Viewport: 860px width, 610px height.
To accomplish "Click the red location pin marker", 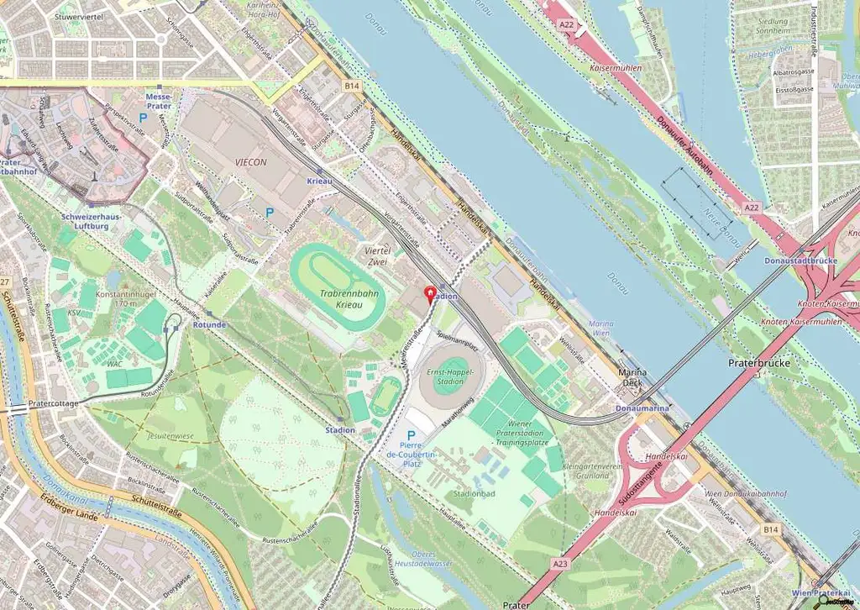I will (432, 294).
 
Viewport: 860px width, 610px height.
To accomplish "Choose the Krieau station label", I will (319, 181).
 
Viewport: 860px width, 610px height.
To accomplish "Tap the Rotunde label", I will (208, 324).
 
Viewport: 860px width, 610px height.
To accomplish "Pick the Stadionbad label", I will (471, 494).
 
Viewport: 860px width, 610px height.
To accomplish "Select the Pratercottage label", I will (54, 402).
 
